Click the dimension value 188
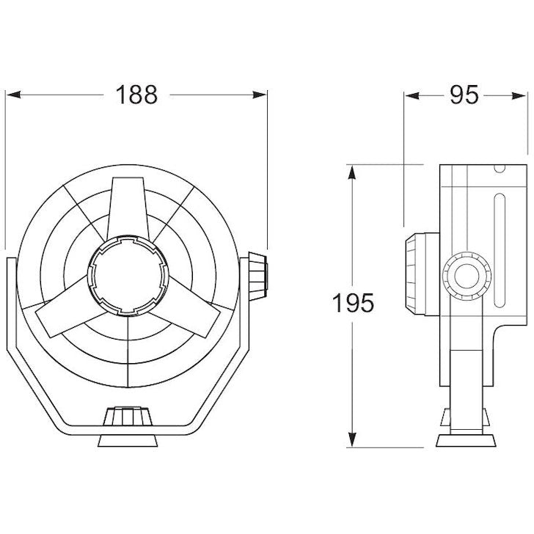(137, 95)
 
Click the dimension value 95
(464, 95)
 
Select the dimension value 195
(353, 303)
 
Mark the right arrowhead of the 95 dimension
(522, 95)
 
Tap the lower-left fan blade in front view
(66, 315)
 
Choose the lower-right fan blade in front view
(189, 315)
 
